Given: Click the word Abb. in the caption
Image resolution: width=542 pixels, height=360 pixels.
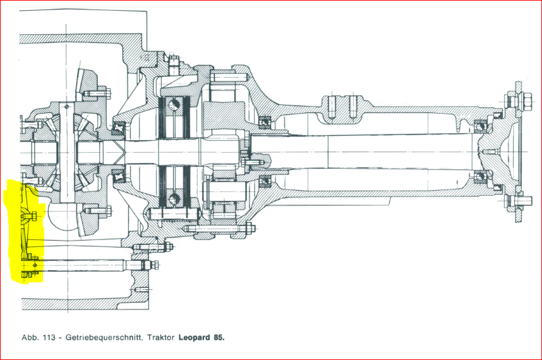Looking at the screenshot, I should (28, 337).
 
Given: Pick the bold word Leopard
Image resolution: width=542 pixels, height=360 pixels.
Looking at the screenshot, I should (197, 337).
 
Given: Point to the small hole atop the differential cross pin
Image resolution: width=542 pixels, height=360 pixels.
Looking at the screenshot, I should (66, 107).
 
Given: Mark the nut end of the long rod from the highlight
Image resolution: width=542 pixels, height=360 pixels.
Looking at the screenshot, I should (150, 265).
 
